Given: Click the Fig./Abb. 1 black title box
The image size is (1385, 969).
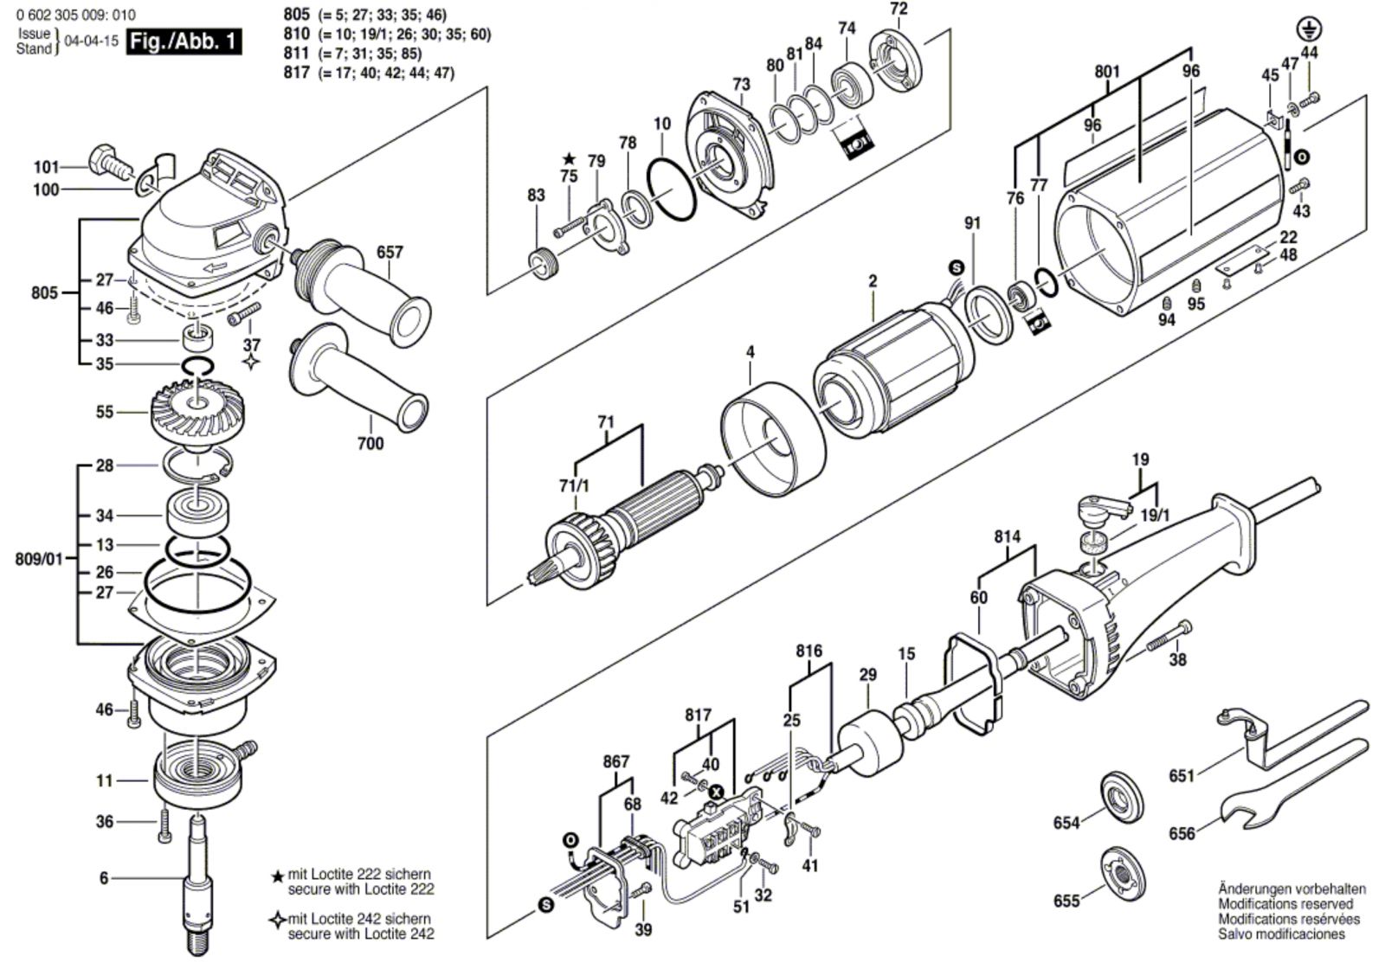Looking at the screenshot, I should pos(183,41).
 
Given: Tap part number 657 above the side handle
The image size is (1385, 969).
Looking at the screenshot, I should pos(390,253).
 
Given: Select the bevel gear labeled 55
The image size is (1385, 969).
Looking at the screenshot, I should pos(189,411).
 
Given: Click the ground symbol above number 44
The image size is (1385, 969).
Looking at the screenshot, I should pos(1309,29).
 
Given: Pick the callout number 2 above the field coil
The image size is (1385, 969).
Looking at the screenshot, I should pos(873,281).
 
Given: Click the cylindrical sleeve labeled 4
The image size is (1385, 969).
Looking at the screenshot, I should pos(768,441).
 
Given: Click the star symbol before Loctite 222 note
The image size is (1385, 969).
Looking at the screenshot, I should pos(277,876).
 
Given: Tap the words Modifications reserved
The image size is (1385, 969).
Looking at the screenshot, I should pos(1285,903).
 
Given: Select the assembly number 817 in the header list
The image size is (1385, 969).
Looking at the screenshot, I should pos(296,73).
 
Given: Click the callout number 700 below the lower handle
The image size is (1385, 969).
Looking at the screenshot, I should pos(371,444).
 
